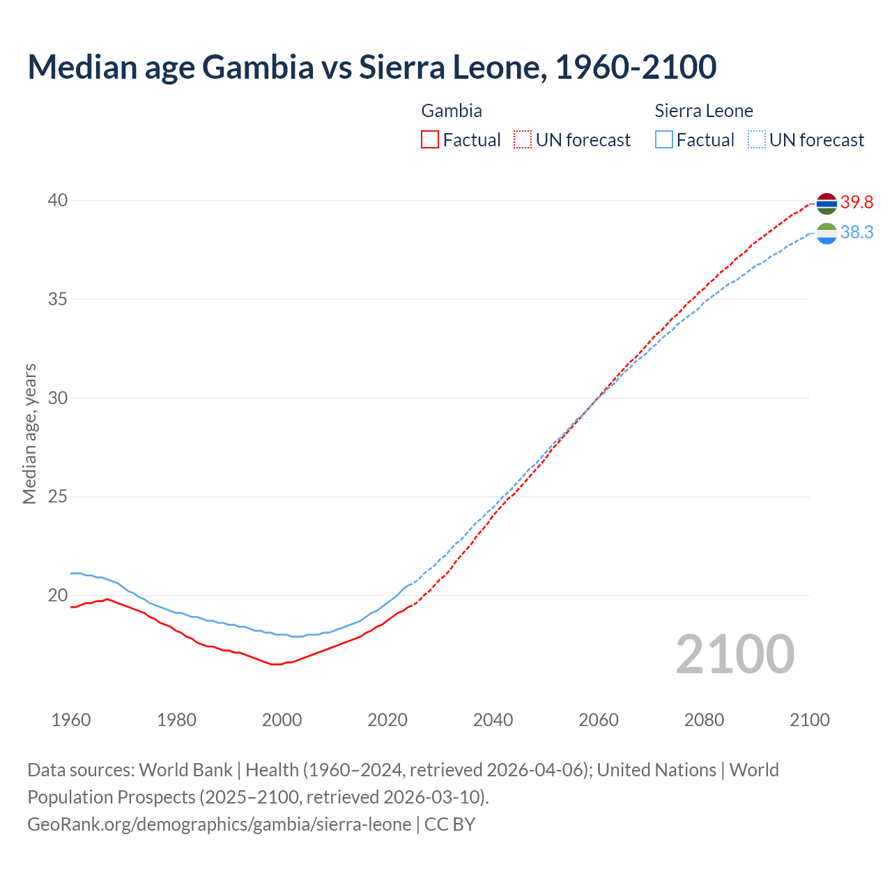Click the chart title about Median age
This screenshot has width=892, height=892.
pos(371,68)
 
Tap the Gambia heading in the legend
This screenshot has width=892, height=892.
pos(452,111)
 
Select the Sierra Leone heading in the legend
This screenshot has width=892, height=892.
pos(704,111)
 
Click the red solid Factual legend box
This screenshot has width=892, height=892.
pos(430,140)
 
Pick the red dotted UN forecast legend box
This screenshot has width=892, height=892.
pos(523,140)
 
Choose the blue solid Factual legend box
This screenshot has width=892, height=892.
pos(664,140)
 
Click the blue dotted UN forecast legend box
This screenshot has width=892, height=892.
pos(757,140)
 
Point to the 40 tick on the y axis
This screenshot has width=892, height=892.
pos(58,201)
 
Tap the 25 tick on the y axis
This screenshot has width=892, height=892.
pos(58,497)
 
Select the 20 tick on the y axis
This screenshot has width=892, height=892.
pos(58,596)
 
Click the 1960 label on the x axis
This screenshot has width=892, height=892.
pos(71,720)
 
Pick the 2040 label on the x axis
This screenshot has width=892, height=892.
pos(493,720)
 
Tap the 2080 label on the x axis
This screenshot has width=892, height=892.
pos(704,720)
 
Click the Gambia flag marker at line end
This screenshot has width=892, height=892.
pos(826,203)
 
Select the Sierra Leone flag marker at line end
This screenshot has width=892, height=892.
pos(826,233)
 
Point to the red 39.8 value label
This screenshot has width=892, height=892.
pos(856,203)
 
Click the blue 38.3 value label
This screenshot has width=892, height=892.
pos(856,233)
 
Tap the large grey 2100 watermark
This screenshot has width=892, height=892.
pos(735,654)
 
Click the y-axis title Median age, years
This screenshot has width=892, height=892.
pos(30,433)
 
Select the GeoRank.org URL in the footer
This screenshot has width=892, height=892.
pos(220,824)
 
